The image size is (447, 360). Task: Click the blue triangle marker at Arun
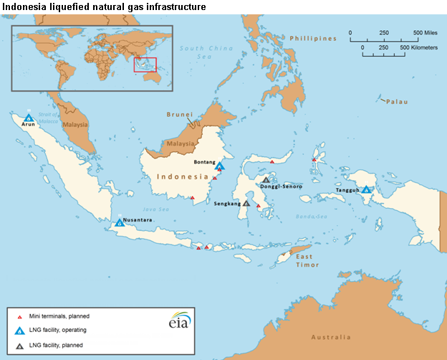click(29, 118)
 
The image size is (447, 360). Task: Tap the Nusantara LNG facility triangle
click(120, 222)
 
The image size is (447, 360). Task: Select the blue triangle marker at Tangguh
click(366, 190)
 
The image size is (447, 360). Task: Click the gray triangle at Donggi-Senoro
click(266, 180)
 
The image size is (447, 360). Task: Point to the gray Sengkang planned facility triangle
click(246, 203)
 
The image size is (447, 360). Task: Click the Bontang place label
click(205, 162)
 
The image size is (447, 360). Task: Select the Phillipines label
click(314, 38)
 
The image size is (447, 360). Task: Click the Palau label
click(397, 102)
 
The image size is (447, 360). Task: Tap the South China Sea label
click(197, 52)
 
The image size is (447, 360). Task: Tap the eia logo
click(179, 321)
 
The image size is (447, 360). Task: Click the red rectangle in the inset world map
click(146, 65)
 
